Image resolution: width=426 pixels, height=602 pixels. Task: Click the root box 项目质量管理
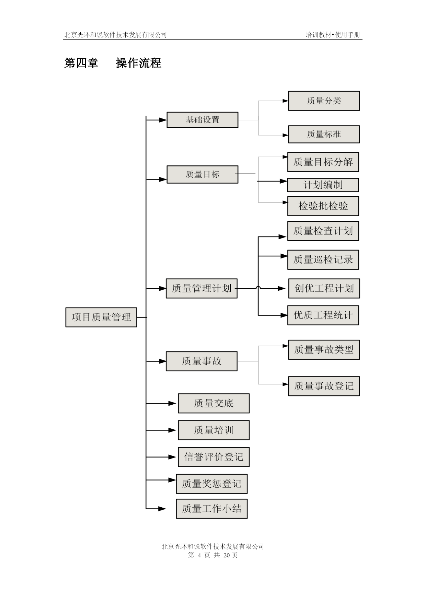tap(101, 317)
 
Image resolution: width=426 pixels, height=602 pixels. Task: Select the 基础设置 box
tap(203, 120)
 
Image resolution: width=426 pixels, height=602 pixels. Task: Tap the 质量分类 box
tap(324, 101)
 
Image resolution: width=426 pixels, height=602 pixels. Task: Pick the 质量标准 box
tap(324, 134)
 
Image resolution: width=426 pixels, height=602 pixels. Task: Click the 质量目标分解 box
tap(323, 162)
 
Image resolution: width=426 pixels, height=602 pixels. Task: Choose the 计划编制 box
tap(323, 185)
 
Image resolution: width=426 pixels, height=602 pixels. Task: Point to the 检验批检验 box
tap(323, 206)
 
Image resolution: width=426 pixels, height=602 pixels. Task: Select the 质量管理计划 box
tap(202, 288)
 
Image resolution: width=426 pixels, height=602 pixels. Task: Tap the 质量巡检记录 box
tap(323, 260)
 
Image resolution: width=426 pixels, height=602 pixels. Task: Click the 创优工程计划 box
tap(324, 289)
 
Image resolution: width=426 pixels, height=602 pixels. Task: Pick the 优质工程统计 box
tap(323, 315)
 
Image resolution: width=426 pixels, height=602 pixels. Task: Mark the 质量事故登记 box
tap(324, 386)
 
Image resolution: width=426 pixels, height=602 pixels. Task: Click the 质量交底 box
tap(214, 403)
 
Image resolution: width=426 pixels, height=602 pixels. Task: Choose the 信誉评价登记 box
tap(214, 457)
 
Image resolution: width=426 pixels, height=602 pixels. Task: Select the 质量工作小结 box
tap(212, 509)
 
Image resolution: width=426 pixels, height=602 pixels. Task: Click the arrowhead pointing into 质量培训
tap(172, 430)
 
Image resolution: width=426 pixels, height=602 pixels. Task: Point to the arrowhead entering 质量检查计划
tap(282, 237)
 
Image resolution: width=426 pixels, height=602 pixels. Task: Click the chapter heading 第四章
tap(81, 63)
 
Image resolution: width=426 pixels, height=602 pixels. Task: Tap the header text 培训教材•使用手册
tap(333, 35)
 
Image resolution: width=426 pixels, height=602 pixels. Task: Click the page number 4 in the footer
tap(199, 555)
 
